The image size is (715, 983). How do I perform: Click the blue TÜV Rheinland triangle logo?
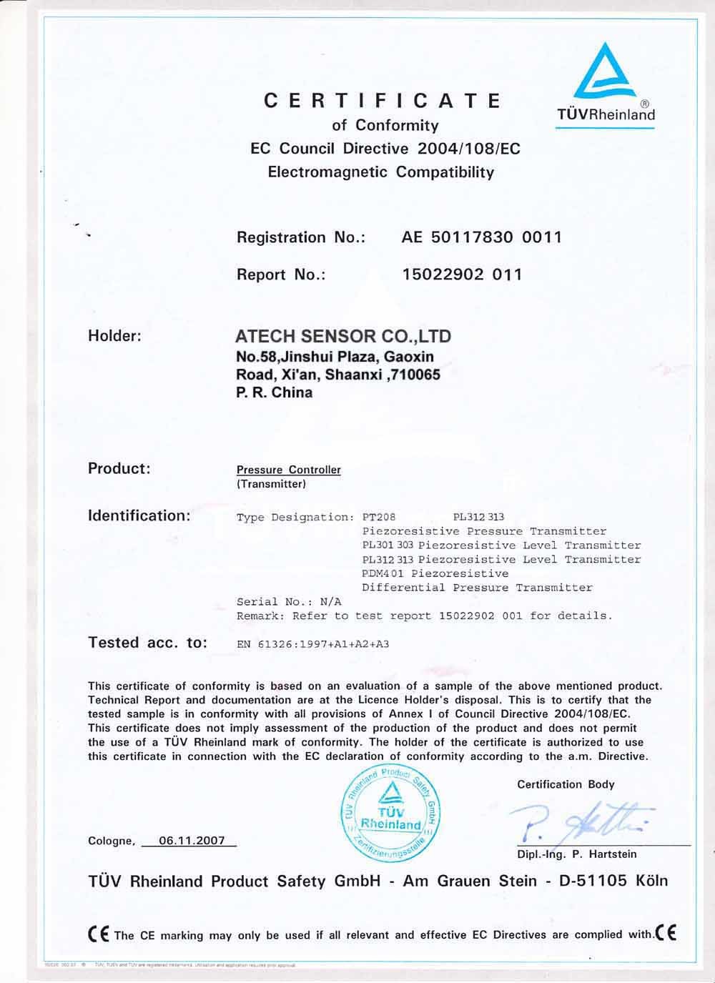(x=604, y=71)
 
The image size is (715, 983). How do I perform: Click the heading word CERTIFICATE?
(x=383, y=101)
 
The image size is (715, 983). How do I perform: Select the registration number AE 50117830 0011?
(x=482, y=237)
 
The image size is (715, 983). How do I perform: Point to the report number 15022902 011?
(x=463, y=275)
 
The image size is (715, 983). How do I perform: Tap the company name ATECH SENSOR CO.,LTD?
(x=344, y=336)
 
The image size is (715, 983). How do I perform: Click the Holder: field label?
(x=114, y=336)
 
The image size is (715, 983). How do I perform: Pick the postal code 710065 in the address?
(x=413, y=374)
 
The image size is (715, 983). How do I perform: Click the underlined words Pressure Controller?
(x=289, y=470)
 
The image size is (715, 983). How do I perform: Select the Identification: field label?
(x=139, y=515)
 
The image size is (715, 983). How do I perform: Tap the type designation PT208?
(x=379, y=517)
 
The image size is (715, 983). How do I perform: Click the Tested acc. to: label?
(x=147, y=643)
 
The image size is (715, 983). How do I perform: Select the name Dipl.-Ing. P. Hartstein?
(x=576, y=854)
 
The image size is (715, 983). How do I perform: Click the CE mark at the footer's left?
(x=99, y=934)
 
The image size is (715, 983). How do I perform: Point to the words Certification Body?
(x=566, y=784)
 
